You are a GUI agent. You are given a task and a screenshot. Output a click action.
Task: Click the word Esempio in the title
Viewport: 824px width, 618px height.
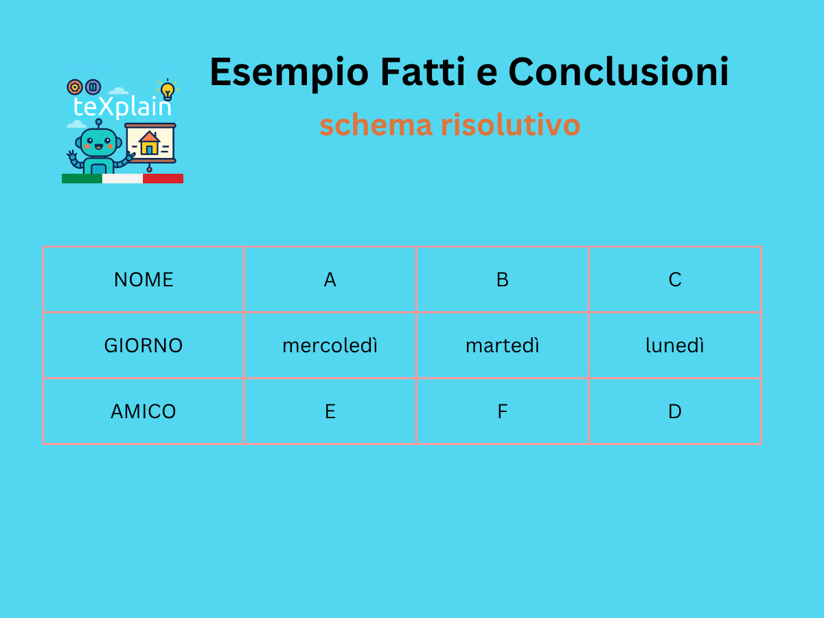click(289, 73)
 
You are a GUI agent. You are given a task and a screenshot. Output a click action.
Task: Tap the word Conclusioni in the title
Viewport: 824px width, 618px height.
click(618, 71)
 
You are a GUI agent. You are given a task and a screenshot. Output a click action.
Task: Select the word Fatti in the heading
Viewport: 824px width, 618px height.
click(423, 71)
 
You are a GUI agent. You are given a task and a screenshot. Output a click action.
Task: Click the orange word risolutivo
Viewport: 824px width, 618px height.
click(511, 124)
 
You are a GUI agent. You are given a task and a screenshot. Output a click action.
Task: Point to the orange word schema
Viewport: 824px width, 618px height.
click(376, 124)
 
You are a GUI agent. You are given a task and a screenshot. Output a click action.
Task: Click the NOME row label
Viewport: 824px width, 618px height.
click(144, 279)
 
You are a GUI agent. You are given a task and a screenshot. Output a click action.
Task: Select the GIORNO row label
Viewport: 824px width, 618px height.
click(144, 345)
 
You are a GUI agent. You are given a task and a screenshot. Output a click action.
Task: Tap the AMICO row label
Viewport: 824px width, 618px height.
click(144, 411)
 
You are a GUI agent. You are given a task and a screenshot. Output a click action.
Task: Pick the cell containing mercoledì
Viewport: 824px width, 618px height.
click(330, 345)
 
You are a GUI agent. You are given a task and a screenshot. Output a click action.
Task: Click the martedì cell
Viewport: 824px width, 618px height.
click(502, 345)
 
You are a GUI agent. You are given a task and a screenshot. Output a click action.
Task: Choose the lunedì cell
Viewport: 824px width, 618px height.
click(674, 345)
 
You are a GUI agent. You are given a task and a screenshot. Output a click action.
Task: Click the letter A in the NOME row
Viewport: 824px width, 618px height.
click(330, 279)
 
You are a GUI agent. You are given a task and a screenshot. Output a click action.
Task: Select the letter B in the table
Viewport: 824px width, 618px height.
click(502, 279)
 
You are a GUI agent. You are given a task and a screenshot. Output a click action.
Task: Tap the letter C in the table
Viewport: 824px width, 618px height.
click(674, 279)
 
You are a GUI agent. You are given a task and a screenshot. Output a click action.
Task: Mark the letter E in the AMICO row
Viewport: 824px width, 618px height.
click(330, 411)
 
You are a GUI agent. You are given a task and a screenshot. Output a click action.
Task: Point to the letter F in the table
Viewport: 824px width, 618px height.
click(502, 411)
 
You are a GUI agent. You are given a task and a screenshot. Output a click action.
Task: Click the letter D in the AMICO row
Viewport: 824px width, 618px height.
click(674, 411)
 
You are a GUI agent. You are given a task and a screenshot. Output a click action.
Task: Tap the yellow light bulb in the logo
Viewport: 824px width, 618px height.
click(168, 91)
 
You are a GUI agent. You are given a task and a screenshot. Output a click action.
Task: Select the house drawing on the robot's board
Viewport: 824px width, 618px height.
click(150, 143)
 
